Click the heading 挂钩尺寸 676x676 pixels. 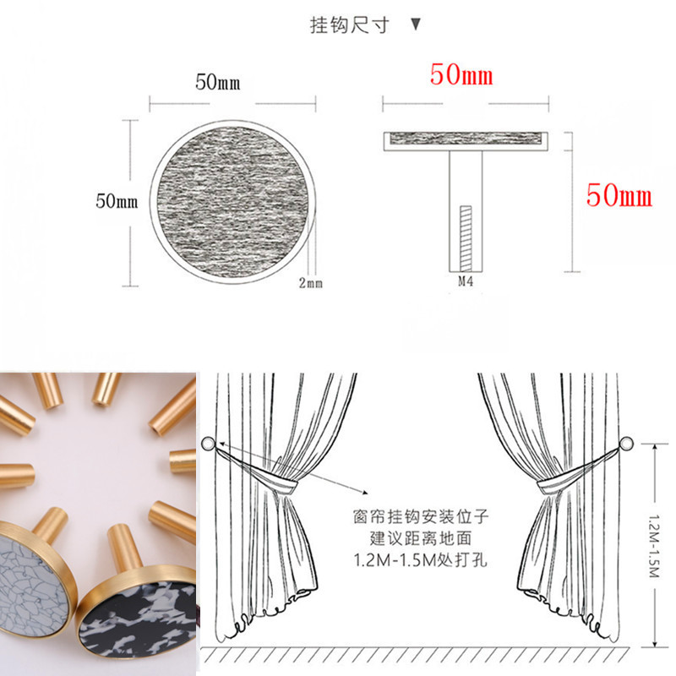pos(350,25)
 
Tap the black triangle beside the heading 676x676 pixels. pos(416,25)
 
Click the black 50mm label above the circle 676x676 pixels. pos(218,82)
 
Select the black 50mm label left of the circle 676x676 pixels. pos(117,201)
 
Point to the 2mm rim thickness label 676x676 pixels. pos(310,283)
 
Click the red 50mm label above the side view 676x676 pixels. pos(461,74)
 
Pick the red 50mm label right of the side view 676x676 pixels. pos(619,195)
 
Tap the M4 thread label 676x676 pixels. pos(466,281)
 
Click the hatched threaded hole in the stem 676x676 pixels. pos(466,238)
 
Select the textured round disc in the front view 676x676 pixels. pos(233,201)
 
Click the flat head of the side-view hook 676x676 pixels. pos(466,141)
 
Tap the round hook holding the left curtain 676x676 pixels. pos(208,444)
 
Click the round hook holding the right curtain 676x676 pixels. pos(626,443)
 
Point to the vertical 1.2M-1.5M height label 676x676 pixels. pos(653,545)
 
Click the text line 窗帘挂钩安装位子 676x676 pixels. pos(421,516)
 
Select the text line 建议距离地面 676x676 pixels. pos(421,538)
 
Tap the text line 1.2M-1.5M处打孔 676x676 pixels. pos(421,560)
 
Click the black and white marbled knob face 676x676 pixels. pos(137,618)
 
